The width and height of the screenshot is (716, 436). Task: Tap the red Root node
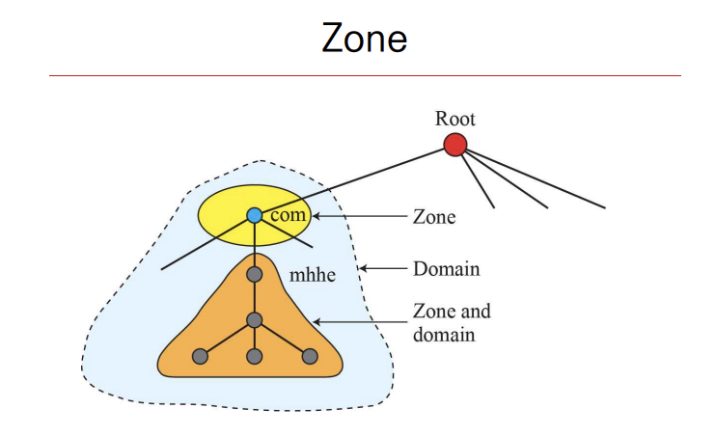click(x=455, y=145)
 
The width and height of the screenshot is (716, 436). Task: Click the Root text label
click(x=455, y=120)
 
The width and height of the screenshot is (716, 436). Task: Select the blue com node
click(x=255, y=215)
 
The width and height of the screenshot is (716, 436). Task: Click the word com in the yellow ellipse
click(x=288, y=215)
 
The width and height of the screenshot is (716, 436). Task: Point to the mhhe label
click(x=312, y=276)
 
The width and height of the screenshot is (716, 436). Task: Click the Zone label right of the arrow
click(x=434, y=218)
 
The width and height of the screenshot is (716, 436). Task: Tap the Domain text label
click(x=446, y=268)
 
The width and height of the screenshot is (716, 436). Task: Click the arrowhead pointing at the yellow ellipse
click(x=316, y=217)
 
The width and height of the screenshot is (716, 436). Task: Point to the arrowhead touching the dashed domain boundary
click(x=364, y=268)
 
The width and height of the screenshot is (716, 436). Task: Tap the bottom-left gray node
click(x=201, y=356)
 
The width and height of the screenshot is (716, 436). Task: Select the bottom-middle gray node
click(x=255, y=356)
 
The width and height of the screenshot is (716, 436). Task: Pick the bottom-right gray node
click(x=310, y=356)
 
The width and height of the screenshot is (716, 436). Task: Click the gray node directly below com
click(x=255, y=275)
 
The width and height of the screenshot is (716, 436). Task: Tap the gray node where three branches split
click(x=255, y=320)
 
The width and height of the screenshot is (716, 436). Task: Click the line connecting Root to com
click(x=357, y=178)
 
